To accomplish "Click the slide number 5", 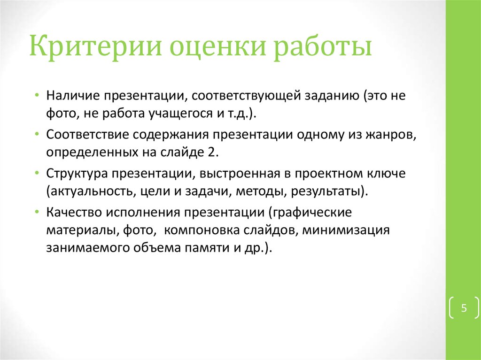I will point(464,308).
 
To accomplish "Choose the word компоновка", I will point(200,230).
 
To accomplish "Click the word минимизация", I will point(347,230).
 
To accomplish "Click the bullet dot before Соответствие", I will point(37,134).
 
